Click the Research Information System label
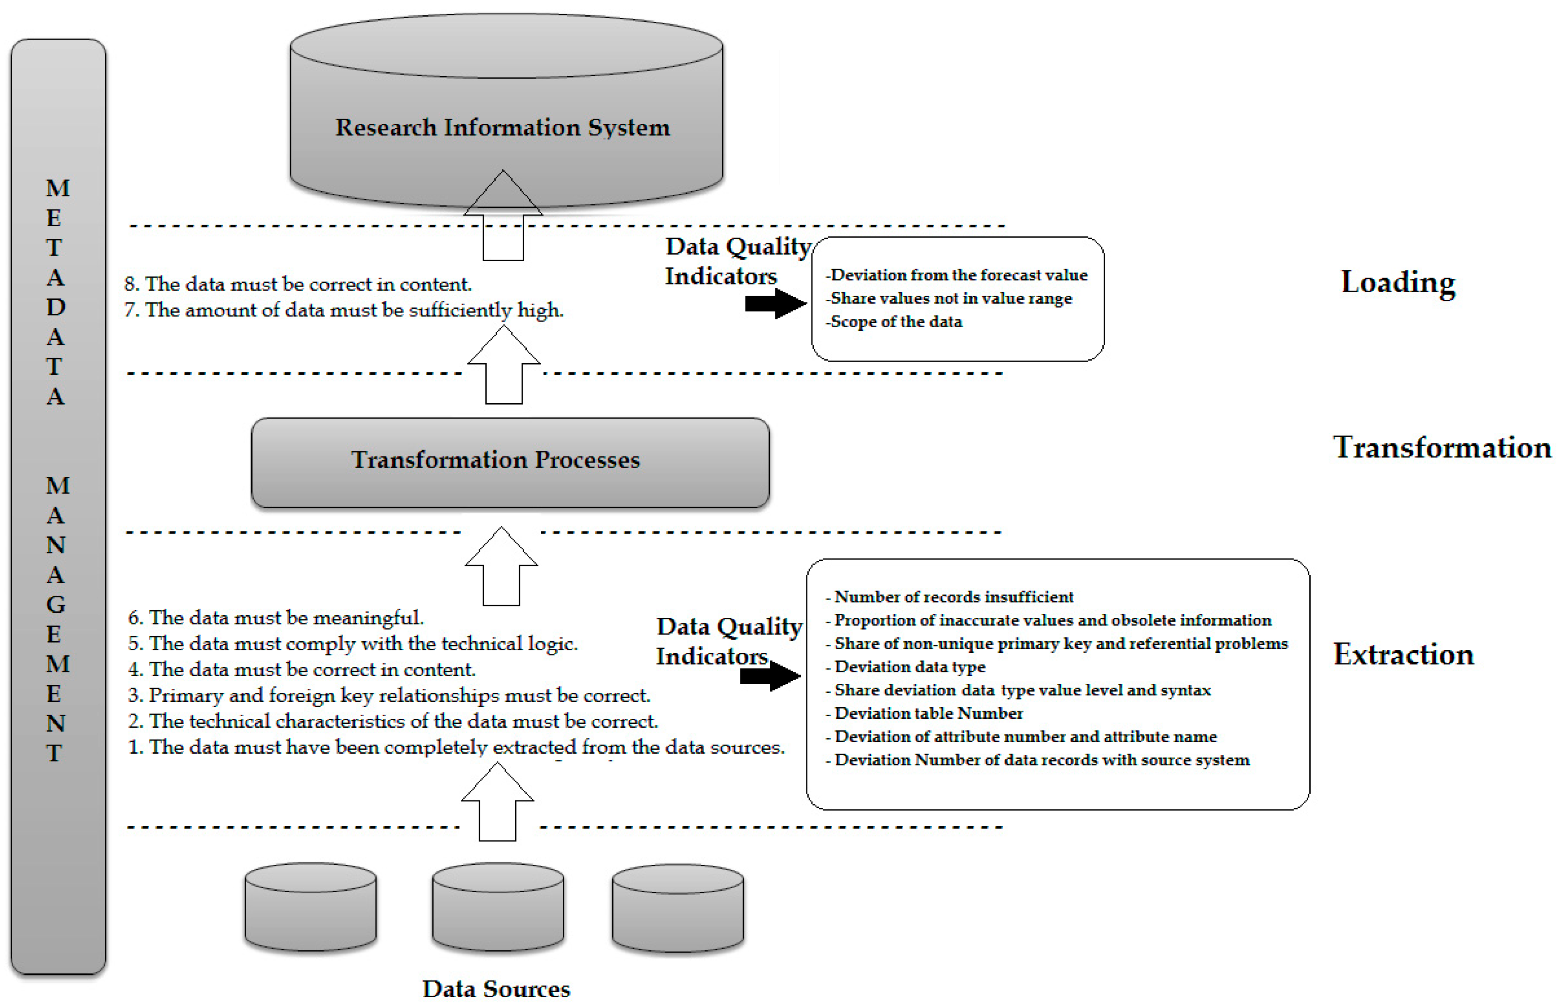click(x=502, y=127)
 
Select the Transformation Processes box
click(x=510, y=462)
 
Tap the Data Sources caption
click(x=496, y=988)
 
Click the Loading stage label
click(x=1397, y=282)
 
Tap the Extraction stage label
click(x=1403, y=654)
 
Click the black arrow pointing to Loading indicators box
click(x=775, y=304)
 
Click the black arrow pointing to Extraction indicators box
click(x=770, y=676)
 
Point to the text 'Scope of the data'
click(x=895, y=322)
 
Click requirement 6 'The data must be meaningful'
click(x=276, y=618)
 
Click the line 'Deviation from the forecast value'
click(x=958, y=275)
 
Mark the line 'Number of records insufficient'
click(x=953, y=597)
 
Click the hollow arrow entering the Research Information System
click(x=503, y=216)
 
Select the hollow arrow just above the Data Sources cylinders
click(x=497, y=803)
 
